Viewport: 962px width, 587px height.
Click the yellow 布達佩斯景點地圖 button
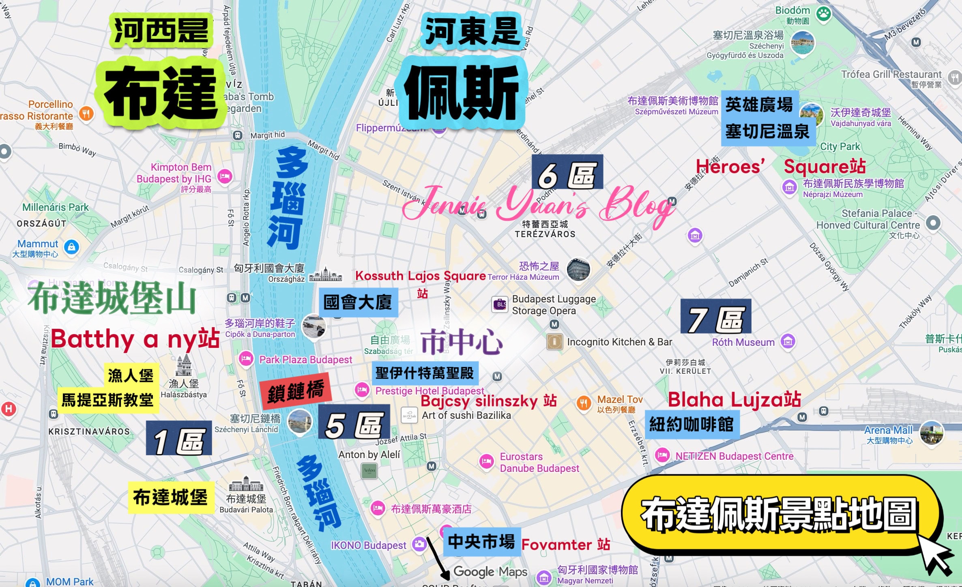pyautogui.click(x=780, y=514)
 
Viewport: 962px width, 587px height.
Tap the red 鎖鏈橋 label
pyautogui.click(x=296, y=391)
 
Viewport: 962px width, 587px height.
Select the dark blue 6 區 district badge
pyautogui.click(x=567, y=172)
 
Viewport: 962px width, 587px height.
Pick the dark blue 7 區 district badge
pyautogui.click(x=716, y=316)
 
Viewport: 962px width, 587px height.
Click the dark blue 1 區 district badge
pyautogui.click(x=179, y=438)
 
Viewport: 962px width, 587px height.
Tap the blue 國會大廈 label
pyautogui.click(x=358, y=302)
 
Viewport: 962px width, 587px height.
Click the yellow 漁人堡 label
pyautogui.click(x=131, y=375)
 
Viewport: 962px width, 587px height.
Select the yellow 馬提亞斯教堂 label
pyautogui.click(x=107, y=400)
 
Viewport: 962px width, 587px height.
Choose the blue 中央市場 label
pyautogui.click(x=481, y=541)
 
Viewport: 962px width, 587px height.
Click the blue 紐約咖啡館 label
pyautogui.click(x=691, y=424)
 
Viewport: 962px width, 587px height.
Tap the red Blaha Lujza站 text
pyautogui.click(x=734, y=400)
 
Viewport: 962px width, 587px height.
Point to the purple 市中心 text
pyautogui.click(x=462, y=342)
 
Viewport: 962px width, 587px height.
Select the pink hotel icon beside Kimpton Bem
pyautogui.click(x=224, y=176)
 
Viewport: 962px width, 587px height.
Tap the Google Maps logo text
pyautogui.click(x=490, y=572)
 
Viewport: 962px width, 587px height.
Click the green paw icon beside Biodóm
pyautogui.click(x=824, y=14)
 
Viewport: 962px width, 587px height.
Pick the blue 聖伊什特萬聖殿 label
pyautogui.click(x=425, y=373)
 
